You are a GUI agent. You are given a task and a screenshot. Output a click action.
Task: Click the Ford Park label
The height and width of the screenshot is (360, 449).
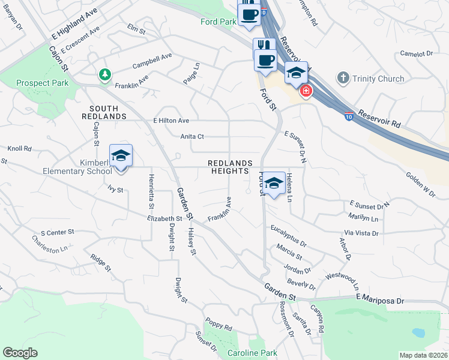(218, 22)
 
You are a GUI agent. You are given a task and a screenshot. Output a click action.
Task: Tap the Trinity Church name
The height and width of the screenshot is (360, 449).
(378, 78)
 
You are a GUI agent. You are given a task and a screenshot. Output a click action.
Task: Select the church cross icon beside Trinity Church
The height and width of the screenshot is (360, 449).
(343, 77)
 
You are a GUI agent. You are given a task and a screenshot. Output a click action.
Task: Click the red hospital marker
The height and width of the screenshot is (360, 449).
(306, 91)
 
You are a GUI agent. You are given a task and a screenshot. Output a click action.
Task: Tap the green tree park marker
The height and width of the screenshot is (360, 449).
(106, 74)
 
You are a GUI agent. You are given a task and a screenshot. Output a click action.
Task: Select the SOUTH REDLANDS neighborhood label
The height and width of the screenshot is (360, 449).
(101, 112)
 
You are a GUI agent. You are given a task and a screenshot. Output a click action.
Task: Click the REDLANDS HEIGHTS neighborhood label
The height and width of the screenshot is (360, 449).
(229, 167)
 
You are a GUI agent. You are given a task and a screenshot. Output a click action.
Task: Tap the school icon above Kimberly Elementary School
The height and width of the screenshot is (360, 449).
(121, 156)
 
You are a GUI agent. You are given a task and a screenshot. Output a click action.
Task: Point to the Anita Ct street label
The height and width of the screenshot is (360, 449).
(193, 136)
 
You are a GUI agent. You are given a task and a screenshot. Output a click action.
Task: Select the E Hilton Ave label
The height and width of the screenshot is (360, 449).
(171, 120)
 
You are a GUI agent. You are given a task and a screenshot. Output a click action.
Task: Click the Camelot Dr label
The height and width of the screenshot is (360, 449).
(417, 53)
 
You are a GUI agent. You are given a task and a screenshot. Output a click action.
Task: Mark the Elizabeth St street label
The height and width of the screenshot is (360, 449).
(164, 219)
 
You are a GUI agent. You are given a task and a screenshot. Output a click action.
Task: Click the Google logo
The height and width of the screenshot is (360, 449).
(20, 353)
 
